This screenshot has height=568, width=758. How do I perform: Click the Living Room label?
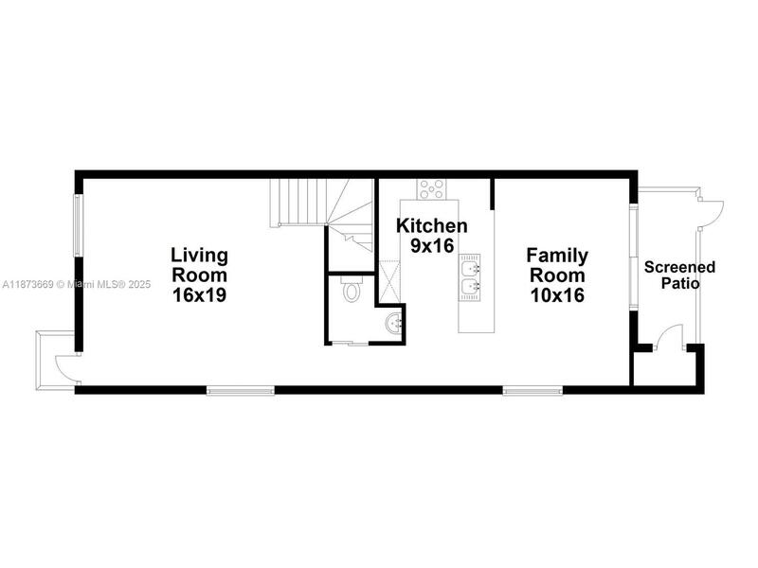200,265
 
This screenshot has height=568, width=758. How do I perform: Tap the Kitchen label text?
432,225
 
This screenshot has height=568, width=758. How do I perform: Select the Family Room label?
557,265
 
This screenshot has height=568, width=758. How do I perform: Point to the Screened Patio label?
679,275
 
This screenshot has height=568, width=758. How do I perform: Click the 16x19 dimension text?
200,294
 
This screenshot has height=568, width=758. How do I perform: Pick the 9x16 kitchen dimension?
432,245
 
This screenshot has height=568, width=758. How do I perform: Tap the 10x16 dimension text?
557,294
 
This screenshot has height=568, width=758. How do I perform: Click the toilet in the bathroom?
351,289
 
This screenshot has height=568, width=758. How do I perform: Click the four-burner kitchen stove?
432,188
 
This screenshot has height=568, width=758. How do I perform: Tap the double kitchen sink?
469,277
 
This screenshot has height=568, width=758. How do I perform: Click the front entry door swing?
66,368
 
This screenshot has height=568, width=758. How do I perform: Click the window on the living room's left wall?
78,225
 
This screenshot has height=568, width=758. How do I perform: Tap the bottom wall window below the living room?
241,390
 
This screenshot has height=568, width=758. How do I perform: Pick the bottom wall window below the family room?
532,390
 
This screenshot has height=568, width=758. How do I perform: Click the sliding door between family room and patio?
634,257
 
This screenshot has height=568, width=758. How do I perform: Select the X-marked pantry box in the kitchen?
389,281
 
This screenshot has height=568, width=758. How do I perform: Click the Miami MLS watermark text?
77,285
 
